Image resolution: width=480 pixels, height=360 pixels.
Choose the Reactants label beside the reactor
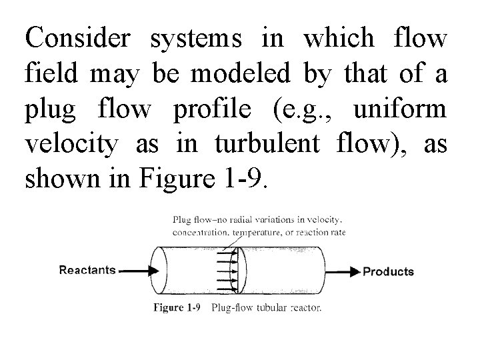coord(87,270)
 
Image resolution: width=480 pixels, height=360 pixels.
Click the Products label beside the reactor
coord(388,271)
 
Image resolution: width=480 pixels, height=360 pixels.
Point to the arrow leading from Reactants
coord(139,271)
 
